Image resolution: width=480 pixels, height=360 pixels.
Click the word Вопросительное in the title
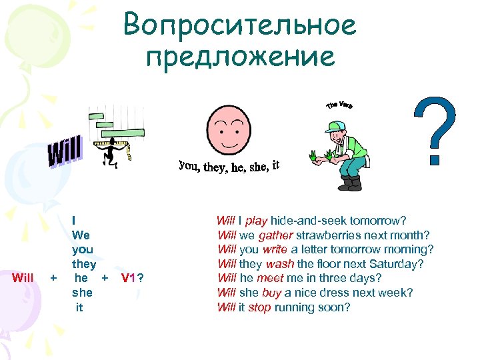240,27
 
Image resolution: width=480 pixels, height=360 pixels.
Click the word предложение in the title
240,57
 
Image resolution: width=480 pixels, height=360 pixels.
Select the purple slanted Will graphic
65,152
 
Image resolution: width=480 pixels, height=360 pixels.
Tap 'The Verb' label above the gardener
339,105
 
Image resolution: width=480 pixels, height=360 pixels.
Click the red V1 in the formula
130,278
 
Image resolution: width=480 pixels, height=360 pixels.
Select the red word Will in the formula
24,278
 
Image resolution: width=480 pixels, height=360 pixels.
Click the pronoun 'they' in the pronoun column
84,264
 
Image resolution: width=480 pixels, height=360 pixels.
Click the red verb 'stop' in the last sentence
260,307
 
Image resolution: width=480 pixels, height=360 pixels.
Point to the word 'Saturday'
400,264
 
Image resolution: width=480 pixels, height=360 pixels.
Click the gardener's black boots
350,183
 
